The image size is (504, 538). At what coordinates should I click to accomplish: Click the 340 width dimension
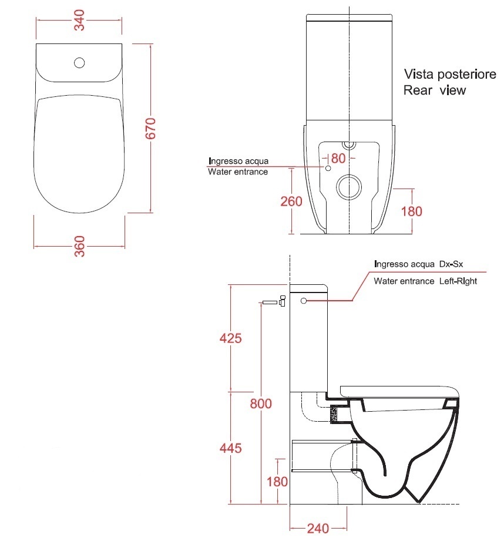79,20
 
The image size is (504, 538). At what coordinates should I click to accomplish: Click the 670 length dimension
150,128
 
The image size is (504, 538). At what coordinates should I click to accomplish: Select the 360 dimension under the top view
80,246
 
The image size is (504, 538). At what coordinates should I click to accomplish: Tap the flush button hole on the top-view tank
79,63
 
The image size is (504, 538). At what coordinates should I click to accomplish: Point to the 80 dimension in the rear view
338,159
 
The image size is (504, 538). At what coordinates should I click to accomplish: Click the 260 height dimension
291,201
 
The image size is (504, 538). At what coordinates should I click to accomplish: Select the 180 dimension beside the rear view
411,211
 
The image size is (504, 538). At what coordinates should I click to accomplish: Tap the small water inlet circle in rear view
328,168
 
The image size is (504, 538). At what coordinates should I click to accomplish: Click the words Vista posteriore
450,74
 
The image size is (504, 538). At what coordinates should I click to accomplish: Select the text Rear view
435,90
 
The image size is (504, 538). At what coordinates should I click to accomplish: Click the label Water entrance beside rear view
238,172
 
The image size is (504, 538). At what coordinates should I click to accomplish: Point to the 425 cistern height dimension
230,338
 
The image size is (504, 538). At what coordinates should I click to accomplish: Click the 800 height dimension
261,403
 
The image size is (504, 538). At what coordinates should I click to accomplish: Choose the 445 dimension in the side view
230,448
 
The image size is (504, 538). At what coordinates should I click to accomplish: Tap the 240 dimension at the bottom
318,529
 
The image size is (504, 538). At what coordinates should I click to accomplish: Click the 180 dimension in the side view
277,482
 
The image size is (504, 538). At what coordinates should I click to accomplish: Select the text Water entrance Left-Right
425,281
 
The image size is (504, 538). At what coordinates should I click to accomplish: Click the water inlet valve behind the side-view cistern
274,301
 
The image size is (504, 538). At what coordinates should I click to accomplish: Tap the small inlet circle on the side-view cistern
303,301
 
